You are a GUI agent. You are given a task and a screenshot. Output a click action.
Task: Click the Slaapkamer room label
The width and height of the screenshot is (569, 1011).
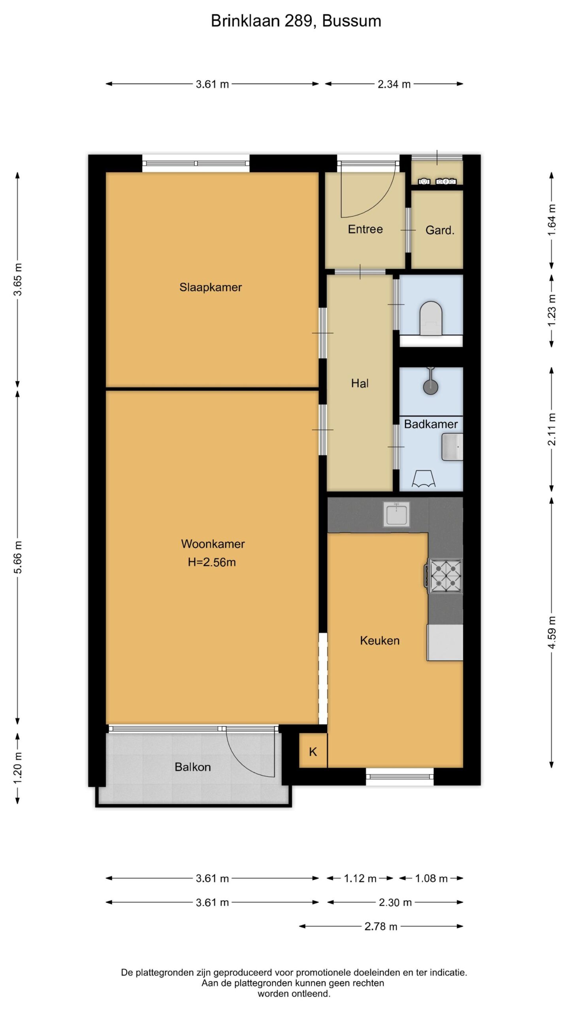pos(210,287)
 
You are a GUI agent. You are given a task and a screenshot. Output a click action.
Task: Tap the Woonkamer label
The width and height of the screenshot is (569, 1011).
pos(213,544)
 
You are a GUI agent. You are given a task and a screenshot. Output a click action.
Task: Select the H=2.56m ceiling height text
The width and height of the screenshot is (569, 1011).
pos(212,562)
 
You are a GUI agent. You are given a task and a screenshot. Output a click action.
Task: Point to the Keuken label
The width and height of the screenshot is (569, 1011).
pos(379,641)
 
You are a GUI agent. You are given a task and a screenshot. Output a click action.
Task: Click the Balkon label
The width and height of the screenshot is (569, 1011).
pos(192,767)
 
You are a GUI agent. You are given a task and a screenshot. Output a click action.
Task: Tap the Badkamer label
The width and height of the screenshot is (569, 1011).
pos(431,424)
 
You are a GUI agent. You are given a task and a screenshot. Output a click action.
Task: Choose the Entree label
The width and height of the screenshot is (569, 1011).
pos(365,229)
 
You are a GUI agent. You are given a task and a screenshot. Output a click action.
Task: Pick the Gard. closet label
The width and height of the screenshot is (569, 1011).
pos(440,230)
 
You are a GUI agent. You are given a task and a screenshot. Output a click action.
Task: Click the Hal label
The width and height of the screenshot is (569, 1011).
pos(360,383)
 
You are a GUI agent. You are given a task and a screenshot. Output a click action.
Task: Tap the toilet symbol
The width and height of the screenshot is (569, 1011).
pos(430,319)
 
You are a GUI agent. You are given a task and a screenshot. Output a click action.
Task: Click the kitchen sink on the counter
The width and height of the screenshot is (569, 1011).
pos(396,514)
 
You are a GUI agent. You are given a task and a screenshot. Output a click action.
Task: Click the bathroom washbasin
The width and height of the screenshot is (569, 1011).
pos(452,447)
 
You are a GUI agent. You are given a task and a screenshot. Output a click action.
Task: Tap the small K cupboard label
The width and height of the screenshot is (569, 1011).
pos(313,752)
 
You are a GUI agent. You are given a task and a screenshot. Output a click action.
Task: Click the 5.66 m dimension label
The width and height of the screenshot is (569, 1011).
pos(18,557)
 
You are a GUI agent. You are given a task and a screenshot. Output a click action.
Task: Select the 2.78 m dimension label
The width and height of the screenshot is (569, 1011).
pos(381,926)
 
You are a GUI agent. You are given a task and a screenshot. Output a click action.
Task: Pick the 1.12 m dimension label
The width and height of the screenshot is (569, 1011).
pos(360,878)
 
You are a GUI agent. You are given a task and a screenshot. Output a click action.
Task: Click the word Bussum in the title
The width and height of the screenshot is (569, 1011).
pos(352,21)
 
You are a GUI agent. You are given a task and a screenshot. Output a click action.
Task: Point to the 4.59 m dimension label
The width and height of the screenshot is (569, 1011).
pos(552,632)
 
